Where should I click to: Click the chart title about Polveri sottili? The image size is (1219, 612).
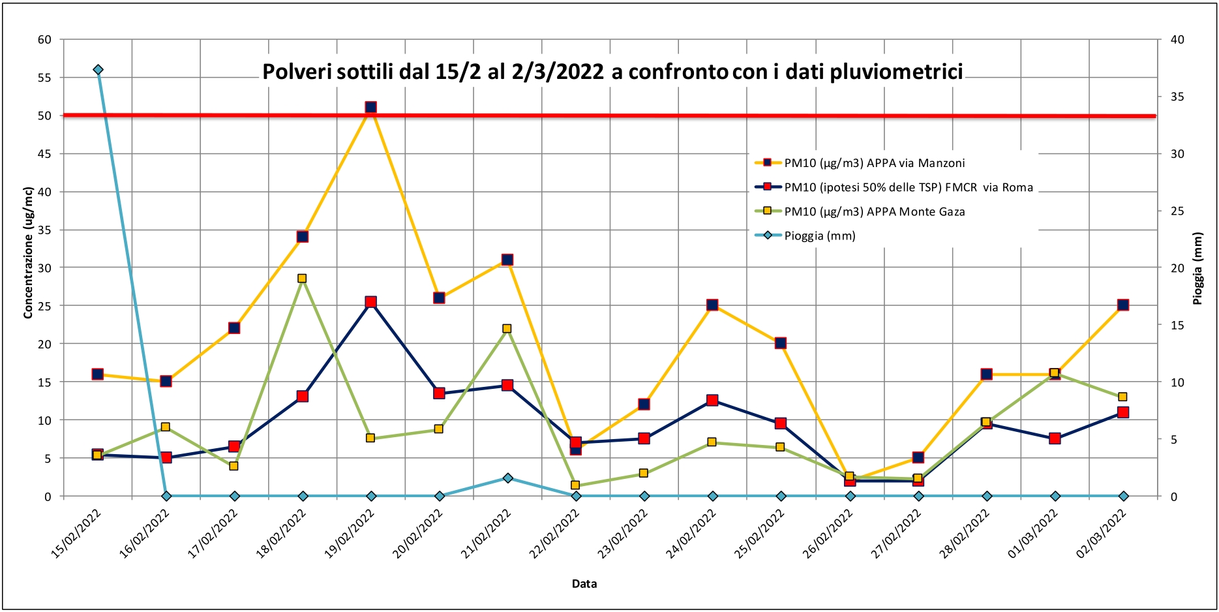pyautogui.click(x=612, y=72)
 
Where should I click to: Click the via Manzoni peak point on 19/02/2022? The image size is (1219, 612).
pyautogui.click(x=370, y=108)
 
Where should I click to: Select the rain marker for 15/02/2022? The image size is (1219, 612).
pyautogui.click(x=98, y=70)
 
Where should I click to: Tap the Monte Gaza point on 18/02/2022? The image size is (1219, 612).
pyautogui.click(x=302, y=279)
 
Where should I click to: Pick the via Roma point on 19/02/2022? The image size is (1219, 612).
pyautogui.click(x=370, y=302)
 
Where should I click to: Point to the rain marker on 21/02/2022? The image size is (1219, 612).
pyautogui.click(x=507, y=478)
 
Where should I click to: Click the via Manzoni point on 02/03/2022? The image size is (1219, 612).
pyautogui.click(x=1122, y=305)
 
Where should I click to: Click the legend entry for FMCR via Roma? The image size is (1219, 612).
pyautogui.click(x=908, y=187)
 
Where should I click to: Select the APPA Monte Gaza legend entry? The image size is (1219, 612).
pyautogui.click(x=874, y=211)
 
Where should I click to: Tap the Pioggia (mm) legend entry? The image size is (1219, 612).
pyautogui.click(x=819, y=236)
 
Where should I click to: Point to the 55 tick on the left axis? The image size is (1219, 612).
pyautogui.click(x=44, y=78)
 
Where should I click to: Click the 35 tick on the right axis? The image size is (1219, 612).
pyautogui.click(x=1177, y=97)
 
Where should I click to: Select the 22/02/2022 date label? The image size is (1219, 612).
pyautogui.click(x=555, y=533)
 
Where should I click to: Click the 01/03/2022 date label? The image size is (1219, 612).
pyautogui.click(x=1033, y=533)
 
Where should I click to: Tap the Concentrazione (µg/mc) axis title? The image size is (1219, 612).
pyautogui.click(x=28, y=253)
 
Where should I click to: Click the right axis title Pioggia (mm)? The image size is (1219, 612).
pyautogui.click(x=1197, y=269)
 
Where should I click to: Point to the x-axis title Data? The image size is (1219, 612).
pyautogui.click(x=584, y=584)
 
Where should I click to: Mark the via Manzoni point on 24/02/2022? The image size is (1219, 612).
pyautogui.click(x=712, y=305)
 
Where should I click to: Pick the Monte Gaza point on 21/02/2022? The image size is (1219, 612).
pyautogui.click(x=507, y=329)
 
